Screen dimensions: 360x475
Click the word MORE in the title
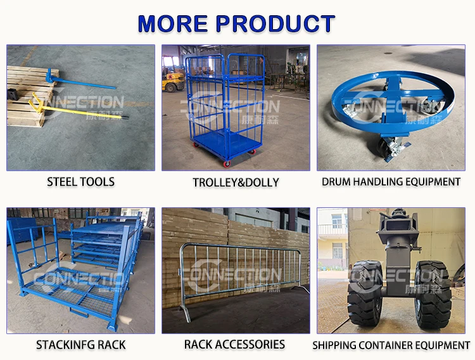coord(172,23)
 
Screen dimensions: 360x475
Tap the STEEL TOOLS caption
coord(80,182)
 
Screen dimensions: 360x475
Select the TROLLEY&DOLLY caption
coord(236,183)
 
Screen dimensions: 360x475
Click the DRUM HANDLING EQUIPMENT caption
coord(391,182)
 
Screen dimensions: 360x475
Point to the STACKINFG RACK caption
coord(80,345)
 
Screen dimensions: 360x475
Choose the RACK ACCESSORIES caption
coord(235,345)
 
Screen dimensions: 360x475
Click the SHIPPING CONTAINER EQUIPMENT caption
coord(391,345)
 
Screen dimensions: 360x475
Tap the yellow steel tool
coord(70,109)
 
